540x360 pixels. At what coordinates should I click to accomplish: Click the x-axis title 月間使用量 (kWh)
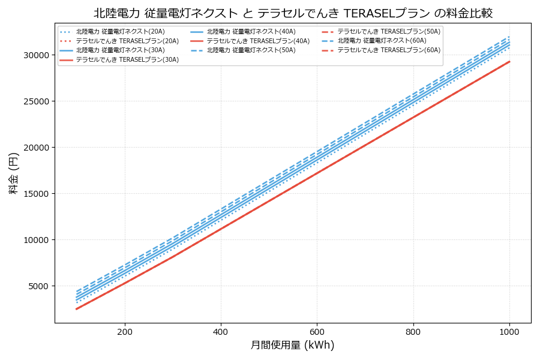pyautogui.click(x=292, y=345)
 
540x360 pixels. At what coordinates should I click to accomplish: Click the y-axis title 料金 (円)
pyautogui.click(x=13, y=173)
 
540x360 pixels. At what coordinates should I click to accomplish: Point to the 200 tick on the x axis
pyautogui.click(x=125, y=331)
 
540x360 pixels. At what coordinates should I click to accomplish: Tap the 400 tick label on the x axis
pyautogui.click(x=221, y=331)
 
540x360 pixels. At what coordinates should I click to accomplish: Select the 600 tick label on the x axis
pyautogui.click(x=317, y=331)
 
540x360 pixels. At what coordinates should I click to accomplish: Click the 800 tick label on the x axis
pyautogui.click(x=413, y=331)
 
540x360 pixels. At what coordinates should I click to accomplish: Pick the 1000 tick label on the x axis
pyautogui.click(x=509, y=331)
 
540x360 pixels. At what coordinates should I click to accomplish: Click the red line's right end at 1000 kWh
pyautogui.click(x=509, y=61)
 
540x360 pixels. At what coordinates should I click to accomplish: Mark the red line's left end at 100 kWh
pyautogui.click(x=77, y=309)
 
